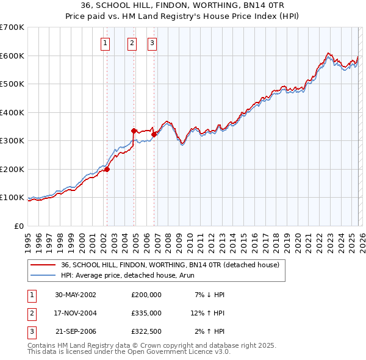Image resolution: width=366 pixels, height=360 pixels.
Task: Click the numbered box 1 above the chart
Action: pos(106,43)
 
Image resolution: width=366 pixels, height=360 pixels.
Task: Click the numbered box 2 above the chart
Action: pos(132,43)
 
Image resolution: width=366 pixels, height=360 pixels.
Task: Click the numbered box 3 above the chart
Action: pos(151,43)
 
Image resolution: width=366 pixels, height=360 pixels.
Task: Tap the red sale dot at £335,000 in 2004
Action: pos(134,131)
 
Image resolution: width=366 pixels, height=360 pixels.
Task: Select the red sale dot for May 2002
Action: pos(107,169)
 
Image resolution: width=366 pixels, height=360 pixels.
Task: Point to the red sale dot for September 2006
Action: pos(154,134)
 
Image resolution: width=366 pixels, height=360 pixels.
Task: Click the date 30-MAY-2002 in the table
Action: pos(76,295)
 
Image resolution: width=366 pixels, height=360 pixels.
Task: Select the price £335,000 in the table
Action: pos(146,313)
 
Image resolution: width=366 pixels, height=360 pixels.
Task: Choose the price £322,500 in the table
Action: pos(146,331)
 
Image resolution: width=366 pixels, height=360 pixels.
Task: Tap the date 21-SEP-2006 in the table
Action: pos(76,331)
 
